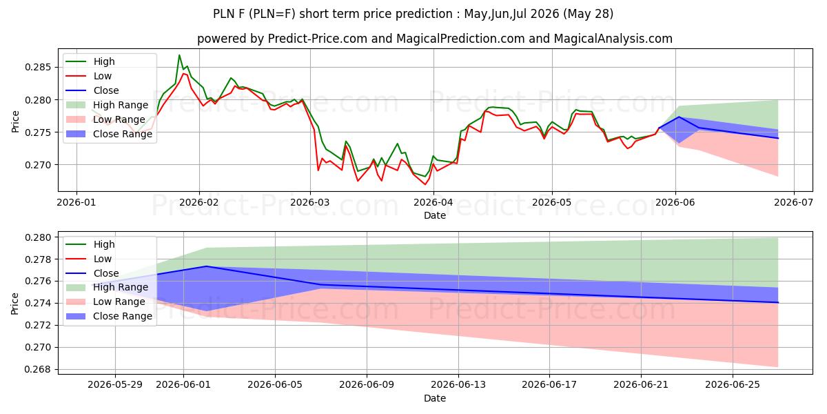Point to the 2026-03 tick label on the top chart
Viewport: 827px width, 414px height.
[x=310, y=202]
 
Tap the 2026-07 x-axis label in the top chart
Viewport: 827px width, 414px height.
[x=793, y=202]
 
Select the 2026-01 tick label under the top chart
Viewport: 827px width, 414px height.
[x=76, y=202]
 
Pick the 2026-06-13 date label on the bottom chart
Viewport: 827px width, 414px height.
[x=458, y=384]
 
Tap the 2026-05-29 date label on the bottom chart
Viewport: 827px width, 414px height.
[x=115, y=384]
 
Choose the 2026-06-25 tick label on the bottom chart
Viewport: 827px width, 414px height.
[x=733, y=384]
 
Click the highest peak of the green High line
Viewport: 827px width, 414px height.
[x=179, y=55]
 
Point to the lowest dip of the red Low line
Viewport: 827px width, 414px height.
[x=425, y=184]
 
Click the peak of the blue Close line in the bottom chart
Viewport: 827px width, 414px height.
[x=206, y=266]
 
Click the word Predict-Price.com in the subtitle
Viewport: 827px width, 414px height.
[x=318, y=39]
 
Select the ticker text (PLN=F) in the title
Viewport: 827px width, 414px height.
[x=272, y=14]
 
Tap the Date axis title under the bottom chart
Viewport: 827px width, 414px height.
[x=435, y=398]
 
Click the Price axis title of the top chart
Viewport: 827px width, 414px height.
[x=15, y=121]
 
